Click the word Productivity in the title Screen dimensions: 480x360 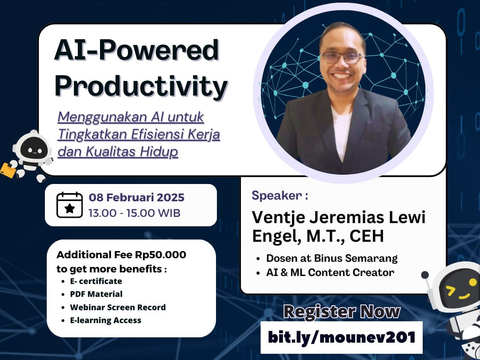pyautogui.click(x=141, y=87)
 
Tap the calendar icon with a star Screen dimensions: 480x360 pyautogui.click(x=69, y=205)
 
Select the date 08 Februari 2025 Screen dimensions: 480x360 pyautogui.click(x=136, y=197)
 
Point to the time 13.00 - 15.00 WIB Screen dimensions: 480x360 pyautogui.click(x=134, y=213)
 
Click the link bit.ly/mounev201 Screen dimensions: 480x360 pyautogui.click(x=342, y=337)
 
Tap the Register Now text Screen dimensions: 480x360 pyautogui.click(x=342, y=312)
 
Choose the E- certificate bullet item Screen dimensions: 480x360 pyautogui.click(x=96, y=281)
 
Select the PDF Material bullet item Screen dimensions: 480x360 pyautogui.click(x=96, y=294)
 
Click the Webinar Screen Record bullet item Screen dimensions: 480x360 pyautogui.click(x=118, y=307)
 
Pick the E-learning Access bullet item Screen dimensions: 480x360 pyautogui.click(x=106, y=320)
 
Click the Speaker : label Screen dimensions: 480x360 pyautogui.click(x=280, y=196)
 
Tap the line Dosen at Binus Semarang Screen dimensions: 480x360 pyautogui.click(x=332, y=258)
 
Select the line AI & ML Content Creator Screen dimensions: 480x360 pyautogui.click(x=330, y=272)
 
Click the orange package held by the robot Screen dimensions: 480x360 pyautogui.click(x=8, y=170)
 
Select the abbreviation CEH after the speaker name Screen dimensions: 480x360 pyautogui.click(x=366, y=236)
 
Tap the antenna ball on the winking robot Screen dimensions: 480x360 pyautogui.click(x=425, y=275)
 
